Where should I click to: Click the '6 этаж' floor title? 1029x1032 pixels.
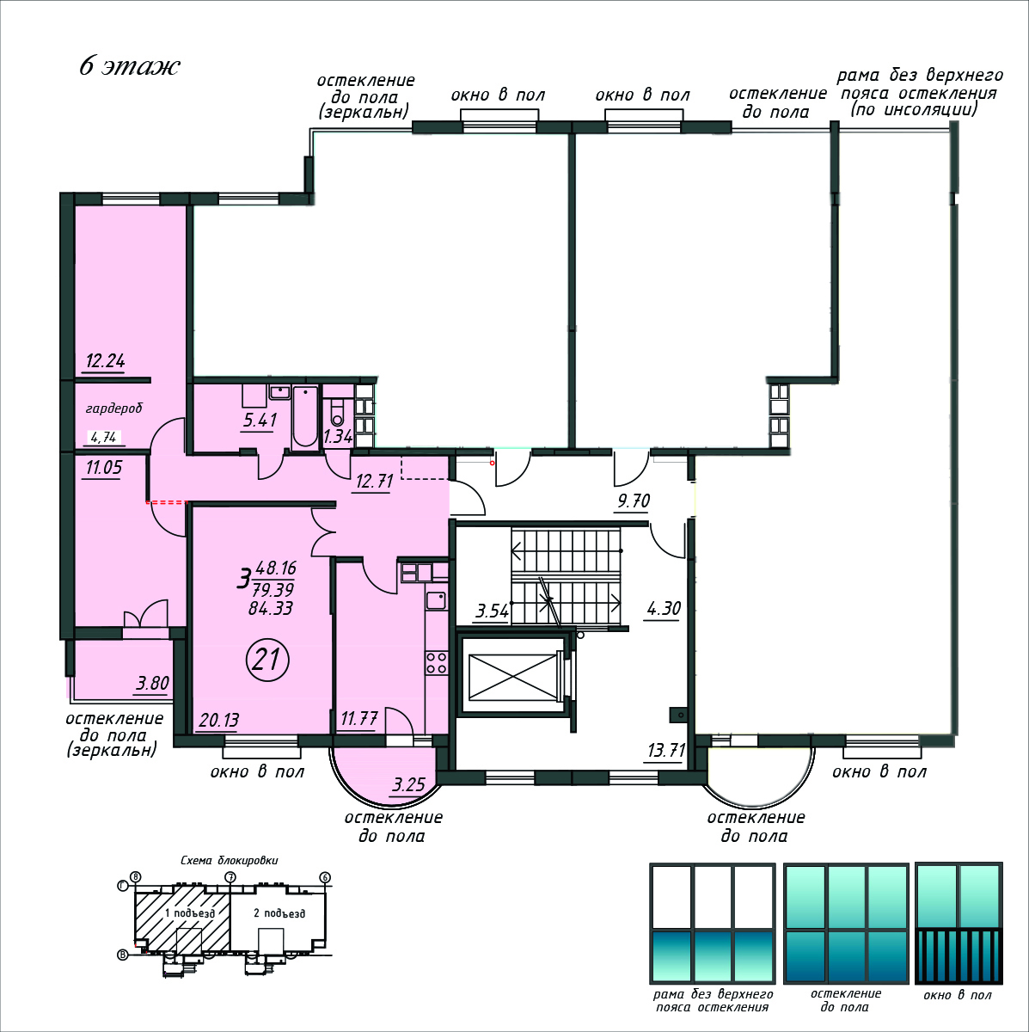129,66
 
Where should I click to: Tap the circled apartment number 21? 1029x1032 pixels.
267,660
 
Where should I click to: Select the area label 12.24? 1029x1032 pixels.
106,361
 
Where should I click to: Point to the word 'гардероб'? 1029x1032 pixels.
114,408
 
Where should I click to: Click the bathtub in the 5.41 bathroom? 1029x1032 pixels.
305,416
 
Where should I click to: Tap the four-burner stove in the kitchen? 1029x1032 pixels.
437,662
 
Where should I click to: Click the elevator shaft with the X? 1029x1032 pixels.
512,677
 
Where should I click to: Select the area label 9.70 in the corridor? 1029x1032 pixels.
634,501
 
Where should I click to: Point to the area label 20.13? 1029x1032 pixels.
218,721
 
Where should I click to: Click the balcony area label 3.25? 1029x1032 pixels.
408,785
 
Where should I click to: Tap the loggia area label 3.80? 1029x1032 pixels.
152,684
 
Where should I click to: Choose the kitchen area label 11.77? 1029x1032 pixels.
359,717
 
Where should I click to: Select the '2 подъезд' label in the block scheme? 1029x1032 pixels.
279,912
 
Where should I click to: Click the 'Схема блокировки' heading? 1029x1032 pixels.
230,861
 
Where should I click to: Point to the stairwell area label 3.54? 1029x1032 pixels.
492,611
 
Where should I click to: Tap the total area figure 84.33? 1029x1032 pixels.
271,608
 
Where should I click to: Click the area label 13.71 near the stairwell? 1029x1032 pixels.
666,750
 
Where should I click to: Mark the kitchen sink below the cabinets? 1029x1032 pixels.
436,600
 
